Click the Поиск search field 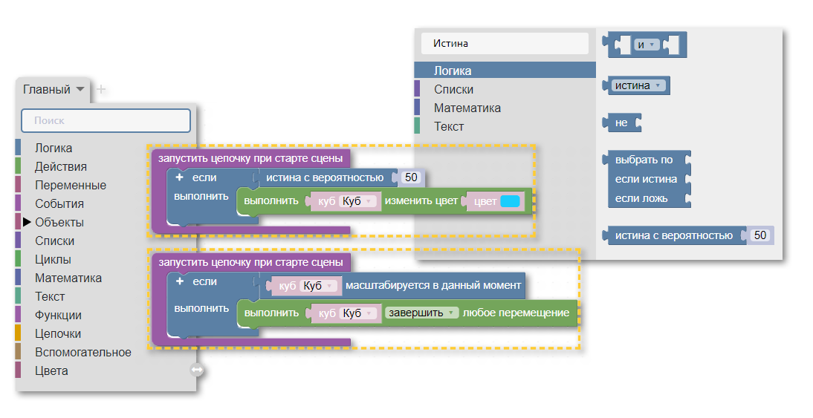(x=106, y=120)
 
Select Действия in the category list (x=61, y=166)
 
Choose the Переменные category (x=71, y=185)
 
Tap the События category (x=59, y=203)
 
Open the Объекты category (x=59, y=222)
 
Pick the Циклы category (x=53, y=259)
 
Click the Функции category (x=58, y=315)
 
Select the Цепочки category (x=58, y=333)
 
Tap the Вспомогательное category (x=83, y=352)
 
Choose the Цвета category (x=51, y=370)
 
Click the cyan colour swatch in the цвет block (x=510, y=201)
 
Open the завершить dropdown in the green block (x=422, y=313)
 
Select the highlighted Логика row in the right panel (x=505, y=71)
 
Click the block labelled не (x=622, y=123)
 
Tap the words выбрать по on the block (x=644, y=160)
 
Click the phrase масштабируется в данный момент (x=433, y=285)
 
